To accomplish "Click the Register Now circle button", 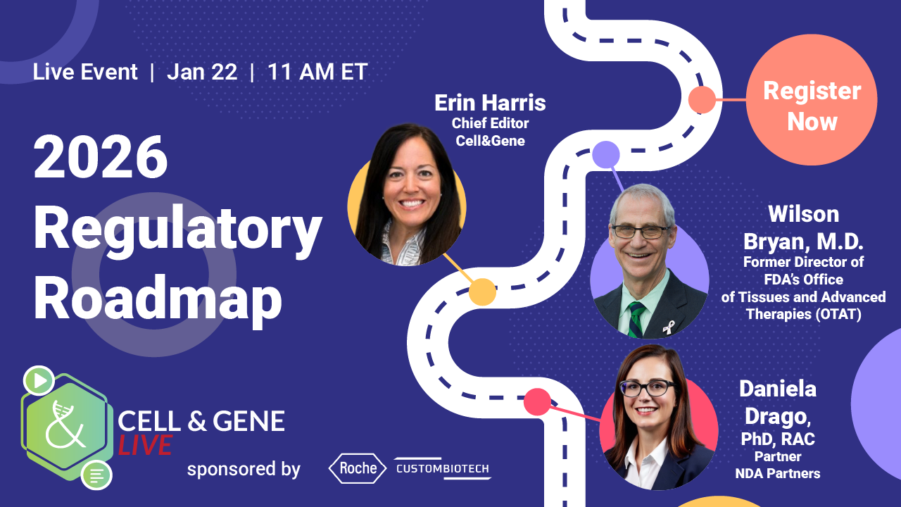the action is point(812,100).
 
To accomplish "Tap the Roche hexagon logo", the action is point(358,468).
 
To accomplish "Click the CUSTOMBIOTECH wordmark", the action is point(443,469).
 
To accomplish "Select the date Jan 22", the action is point(202,72).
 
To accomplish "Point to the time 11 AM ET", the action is point(317,72).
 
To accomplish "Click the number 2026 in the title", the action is point(101,157).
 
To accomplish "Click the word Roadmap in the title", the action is point(158,299).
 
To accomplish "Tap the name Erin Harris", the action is point(490,103).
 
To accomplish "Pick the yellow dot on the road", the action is point(482,292).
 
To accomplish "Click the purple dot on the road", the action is point(606,154).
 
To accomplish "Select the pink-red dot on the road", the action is point(537,401).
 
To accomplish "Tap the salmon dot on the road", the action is point(702,99).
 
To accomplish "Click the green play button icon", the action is point(39,380).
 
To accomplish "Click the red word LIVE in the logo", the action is point(145,446).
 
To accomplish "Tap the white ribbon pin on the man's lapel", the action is point(669,327).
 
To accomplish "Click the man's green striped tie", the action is point(636,319).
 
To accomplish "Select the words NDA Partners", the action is point(778,474).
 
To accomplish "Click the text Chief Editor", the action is point(490,123).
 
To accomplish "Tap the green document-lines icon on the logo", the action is point(96,475).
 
